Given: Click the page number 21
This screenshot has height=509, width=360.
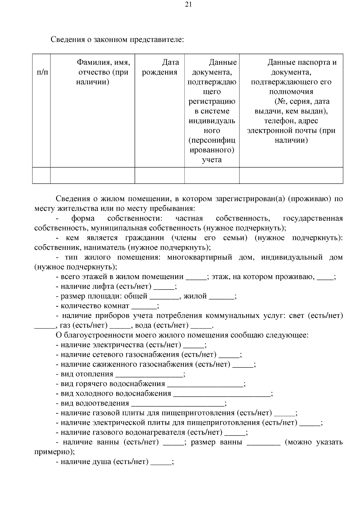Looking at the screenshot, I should pyautogui.click(x=189, y=4).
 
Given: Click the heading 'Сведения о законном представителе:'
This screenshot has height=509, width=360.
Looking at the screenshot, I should pyautogui.click(x=117, y=39).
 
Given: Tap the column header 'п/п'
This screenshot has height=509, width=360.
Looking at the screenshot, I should pyautogui.click(x=42, y=72).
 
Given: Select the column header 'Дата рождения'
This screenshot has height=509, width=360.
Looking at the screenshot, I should pyautogui.click(x=160, y=67).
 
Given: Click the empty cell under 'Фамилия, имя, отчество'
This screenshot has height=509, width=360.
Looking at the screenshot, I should pyautogui.click(x=92, y=175).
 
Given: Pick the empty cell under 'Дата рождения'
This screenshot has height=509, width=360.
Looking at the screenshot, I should pyautogui.click(x=160, y=175).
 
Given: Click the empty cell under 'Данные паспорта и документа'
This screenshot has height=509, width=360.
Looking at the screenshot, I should pyautogui.click(x=291, y=175).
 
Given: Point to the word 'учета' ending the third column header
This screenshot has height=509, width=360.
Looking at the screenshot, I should pyautogui.click(x=211, y=160).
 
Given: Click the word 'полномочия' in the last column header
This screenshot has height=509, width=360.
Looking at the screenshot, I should pyautogui.click(x=291, y=92).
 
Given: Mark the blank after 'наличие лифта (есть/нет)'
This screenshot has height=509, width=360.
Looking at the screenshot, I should pyautogui.click(x=164, y=287).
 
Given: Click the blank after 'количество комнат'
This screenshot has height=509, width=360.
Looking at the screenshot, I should pyautogui.click(x=144, y=306).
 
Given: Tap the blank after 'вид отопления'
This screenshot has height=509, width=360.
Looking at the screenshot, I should pyautogui.click(x=149, y=374).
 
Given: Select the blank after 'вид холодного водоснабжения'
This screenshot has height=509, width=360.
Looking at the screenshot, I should pyautogui.click(x=222, y=394).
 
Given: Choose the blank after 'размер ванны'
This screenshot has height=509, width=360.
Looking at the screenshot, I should pyautogui.click(x=263, y=443).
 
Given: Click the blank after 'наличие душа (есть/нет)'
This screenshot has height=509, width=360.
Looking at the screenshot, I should pyautogui.click(x=161, y=462).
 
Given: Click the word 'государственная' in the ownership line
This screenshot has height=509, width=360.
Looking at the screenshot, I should pyautogui.click(x=313, y=218).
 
